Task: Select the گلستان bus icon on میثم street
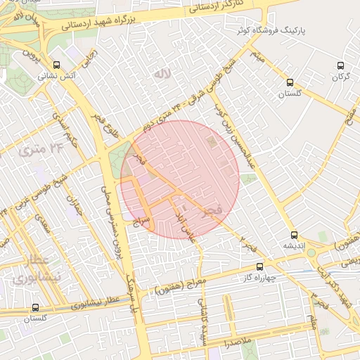coord(290,82)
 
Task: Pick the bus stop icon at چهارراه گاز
coord(259,266)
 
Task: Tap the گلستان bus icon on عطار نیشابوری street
coord(35,307)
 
